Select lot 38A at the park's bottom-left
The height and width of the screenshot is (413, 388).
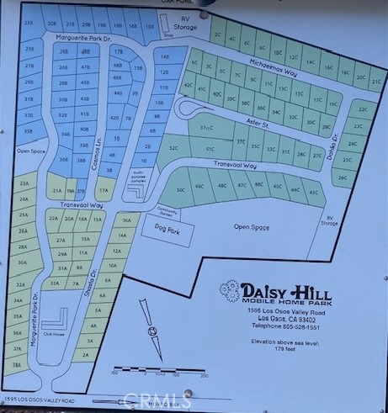(x=17, y=366)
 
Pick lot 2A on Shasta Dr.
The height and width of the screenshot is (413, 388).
(x=83, y=355)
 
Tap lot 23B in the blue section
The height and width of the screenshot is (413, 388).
(x=29, y=24)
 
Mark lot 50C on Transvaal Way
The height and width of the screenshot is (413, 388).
(x=180, y=190)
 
